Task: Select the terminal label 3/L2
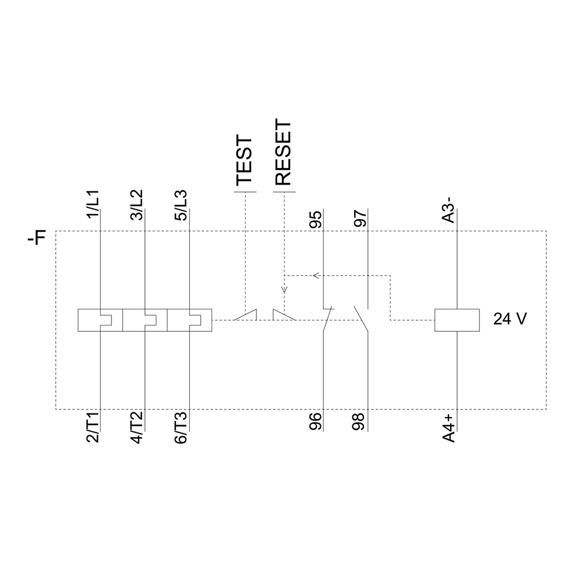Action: [x=137, y=205]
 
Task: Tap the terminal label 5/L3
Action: [x=181, y=205]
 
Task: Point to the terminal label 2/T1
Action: [x=92, y=428]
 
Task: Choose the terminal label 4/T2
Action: [x=137, y=428]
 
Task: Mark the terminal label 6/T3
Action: [x=181, y=428]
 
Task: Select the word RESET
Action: [x=283, y=152]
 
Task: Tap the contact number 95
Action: [x=315, y=220]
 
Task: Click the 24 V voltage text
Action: [x=509, y=319]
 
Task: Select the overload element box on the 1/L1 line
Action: [x=100, y=320]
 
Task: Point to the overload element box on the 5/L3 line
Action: [x=189, y=320]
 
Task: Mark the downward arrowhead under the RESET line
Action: [x=283, y=290]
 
